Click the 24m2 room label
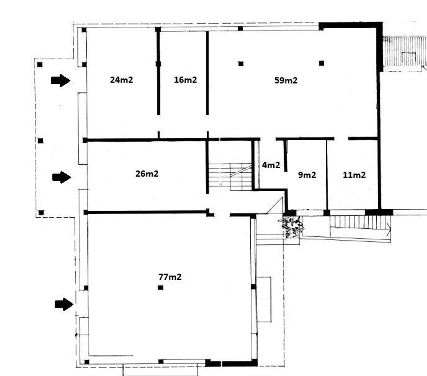(x=121, y=80)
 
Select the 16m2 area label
(x=185, y=80)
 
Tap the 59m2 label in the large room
(x=286, y=80)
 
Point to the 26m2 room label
(x=147, y=174)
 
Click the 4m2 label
(x=271, y=165)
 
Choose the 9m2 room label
(x=307, y=175)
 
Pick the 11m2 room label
(x=354, y=175)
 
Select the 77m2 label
(x=170, y=277)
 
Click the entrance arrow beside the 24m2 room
(x=60, y=80)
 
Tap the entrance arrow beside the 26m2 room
(x=62, y=177)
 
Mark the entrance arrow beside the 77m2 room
(x=64, y=304)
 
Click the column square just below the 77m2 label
(x=160, y=287)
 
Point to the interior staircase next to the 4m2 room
(x=230, y=177)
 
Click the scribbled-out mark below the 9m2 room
(x=292, y=227)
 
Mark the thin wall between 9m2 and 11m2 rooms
(x=327, y=175)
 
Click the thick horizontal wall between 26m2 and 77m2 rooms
(x=147, y=212)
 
